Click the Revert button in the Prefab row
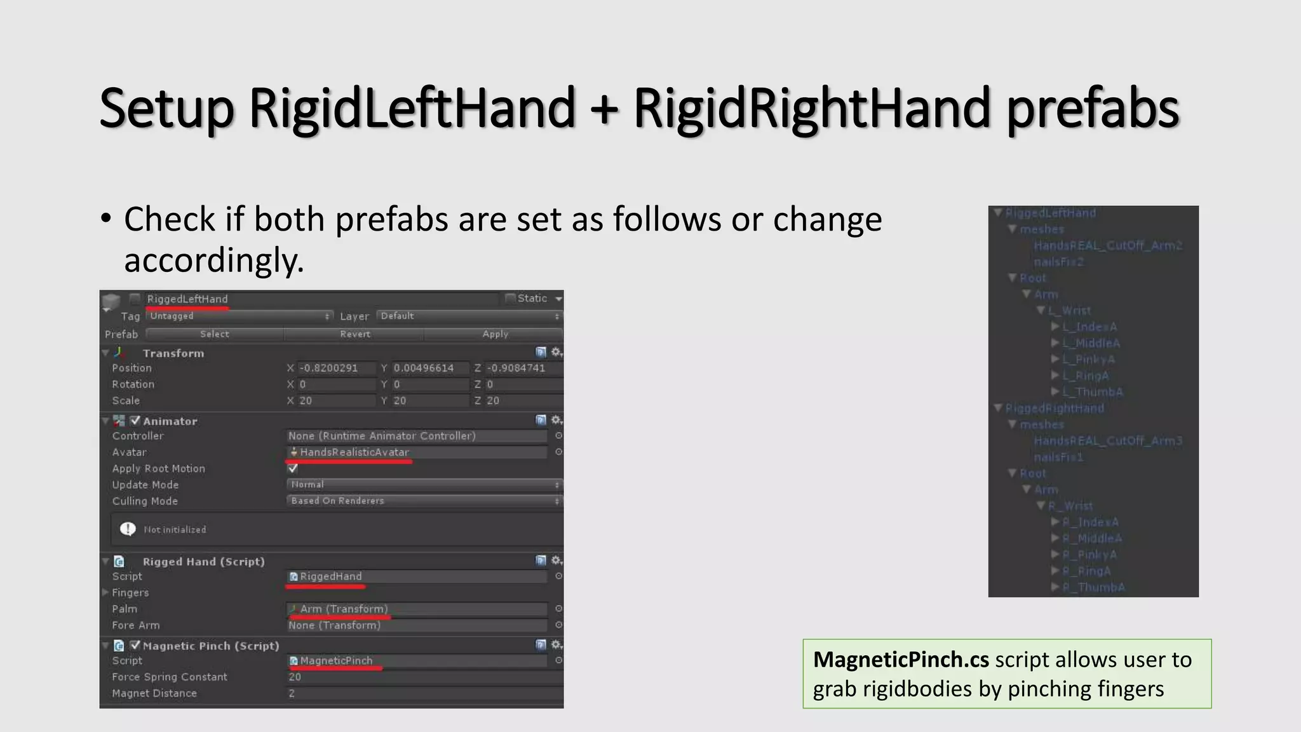pyautogui.click(x=354, y=334)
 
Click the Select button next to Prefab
pyautogui.click(x=215, y=334)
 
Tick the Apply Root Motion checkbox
pyautogui.click(x=293, y=468)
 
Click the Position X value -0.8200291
pyautogui.click(x=329, y=369)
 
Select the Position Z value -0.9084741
pyautogui.click(x=516, y=369)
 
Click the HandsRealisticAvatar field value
pyautogui.click(x=354, y=452)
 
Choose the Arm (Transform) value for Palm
pyautogui.click(x=344, y=609)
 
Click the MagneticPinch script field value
pyautogui.click(x=336, y=661)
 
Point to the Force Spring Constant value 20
pyautogui.click(x=295, y=677)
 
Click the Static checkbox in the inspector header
pyautogui.click(x=510, y=298)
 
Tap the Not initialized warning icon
pyautogui.click(x=128, y=529)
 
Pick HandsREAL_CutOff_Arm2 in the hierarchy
pyautogui.click(x=1107, y=246)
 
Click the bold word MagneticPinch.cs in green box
pyautogui.click(x=901, y=660)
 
